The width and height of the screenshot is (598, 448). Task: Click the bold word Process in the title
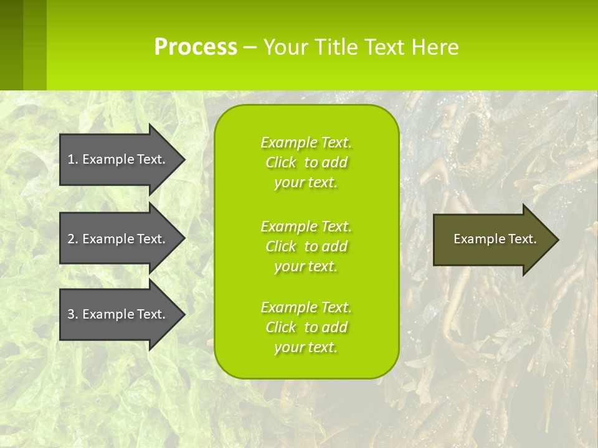[x=196, y=47]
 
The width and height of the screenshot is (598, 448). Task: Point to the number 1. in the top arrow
[x=73, y=159]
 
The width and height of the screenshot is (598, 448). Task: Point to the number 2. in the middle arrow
[x=73, y=239]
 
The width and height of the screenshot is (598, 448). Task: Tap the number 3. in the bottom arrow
[x=73, y=314]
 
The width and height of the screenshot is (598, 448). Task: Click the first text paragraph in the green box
[x=306, y=162]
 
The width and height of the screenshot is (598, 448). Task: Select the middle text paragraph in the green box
[x=306, y=246]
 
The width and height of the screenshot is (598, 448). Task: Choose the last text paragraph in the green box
[x=306, y=327]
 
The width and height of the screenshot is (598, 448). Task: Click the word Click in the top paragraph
[x=280, y=162]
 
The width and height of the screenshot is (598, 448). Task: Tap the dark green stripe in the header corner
[x=12, y=45]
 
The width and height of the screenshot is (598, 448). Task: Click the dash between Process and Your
[x=250, y=48]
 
